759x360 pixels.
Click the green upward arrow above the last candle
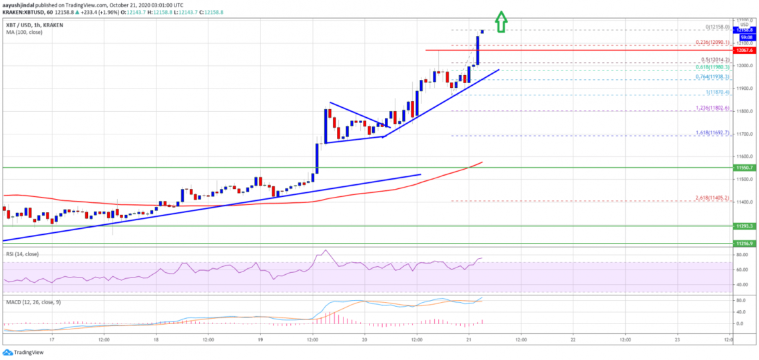click(501, 23)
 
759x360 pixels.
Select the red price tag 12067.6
click(743, 50)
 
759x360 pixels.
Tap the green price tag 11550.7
click(743, 168)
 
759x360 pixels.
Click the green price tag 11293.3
click(743, 226)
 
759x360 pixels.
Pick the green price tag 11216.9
click(743, 244)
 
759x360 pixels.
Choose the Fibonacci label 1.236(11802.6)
click(710, 108)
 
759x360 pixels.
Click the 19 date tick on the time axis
click(260, 338)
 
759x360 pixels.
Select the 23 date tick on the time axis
click(677, 338)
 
